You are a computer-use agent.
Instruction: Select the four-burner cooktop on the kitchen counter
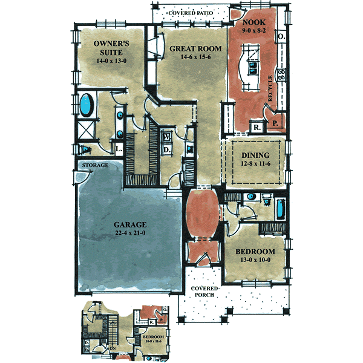[281, 75]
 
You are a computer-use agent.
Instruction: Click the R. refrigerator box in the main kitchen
[257, 128]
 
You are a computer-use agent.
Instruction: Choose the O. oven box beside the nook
[281, 36]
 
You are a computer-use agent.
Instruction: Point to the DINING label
[252, 155]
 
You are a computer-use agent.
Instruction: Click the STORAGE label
[96, 165]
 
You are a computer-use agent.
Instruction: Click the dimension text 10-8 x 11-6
[152, 342]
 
